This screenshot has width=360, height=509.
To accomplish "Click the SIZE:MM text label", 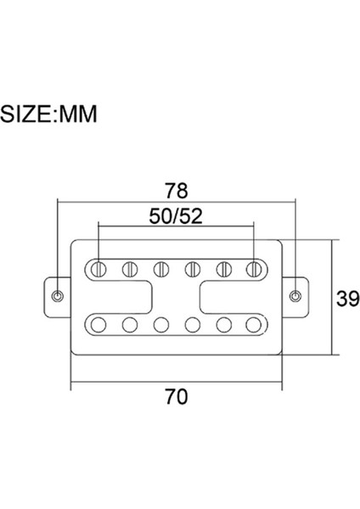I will point(48,115).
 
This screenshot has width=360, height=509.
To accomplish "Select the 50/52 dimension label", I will point(176,217).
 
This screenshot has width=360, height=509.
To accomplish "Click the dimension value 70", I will point(176,394).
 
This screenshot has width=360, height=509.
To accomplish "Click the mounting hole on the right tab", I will point(295,296).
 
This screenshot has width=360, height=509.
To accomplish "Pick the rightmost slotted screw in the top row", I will point(253,270).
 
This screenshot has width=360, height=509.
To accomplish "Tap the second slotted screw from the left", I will point(130,270).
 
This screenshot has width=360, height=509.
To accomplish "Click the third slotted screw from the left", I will point(161,270).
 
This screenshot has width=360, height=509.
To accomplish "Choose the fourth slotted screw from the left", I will point(192,270).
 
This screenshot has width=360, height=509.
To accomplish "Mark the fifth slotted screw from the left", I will point(222,270).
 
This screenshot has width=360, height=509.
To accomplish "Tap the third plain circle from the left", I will point(161,323).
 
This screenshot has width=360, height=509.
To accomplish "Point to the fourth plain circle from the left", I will point(192,323).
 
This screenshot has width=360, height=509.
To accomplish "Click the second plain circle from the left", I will point(130,323).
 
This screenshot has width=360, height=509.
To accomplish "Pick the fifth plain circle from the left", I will point(222,323).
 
